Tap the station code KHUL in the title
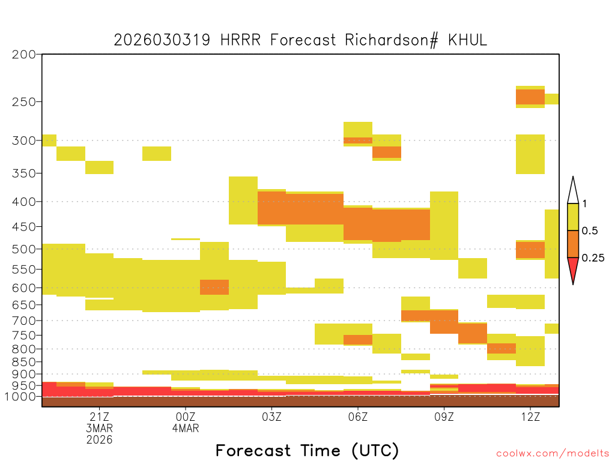[467, 40]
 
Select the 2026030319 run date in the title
[162, 40]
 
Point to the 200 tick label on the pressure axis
[24, 55]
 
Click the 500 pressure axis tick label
[24, 249]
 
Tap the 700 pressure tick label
[24, 321]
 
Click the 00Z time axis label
[186, 417]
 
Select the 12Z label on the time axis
[530, 417]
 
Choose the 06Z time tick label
[358, 417]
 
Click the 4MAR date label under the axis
[186, 428]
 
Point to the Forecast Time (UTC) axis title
[307, 450]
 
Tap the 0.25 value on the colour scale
[593, 258]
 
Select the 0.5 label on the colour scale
[590, 231]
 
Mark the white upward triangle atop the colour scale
[573, 192]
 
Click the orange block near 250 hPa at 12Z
[530, 97]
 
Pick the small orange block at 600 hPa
[214, 288]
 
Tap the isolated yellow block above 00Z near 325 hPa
[157, 154]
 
